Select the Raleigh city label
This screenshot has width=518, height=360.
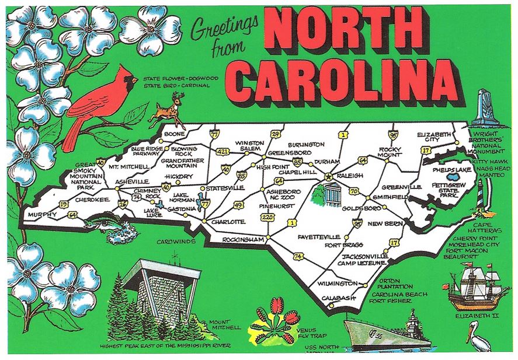tap(350, 175)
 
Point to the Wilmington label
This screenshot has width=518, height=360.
tap(337, 284)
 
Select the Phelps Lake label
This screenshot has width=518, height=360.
tap(452, 170)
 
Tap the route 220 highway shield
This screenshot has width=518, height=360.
tap(267, 217)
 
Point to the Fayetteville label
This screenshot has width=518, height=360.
tap(318, 236)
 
